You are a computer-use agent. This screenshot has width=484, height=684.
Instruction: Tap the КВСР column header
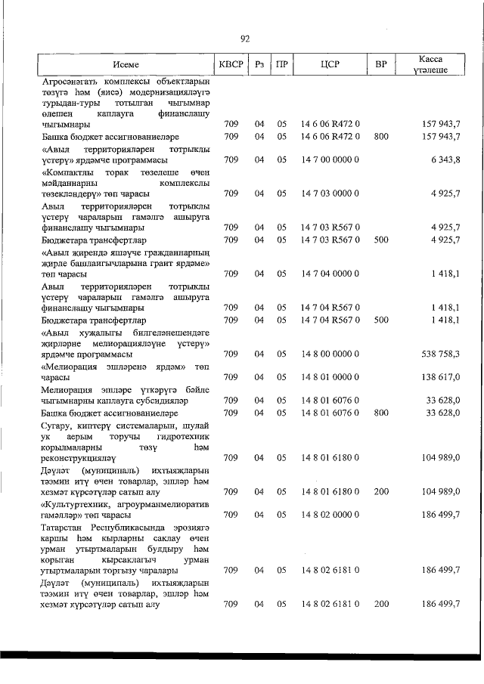click(x=231, y=65)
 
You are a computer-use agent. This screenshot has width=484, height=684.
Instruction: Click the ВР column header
click(x=381, y=65)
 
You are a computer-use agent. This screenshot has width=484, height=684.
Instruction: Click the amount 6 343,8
click(x=445, y=159)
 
